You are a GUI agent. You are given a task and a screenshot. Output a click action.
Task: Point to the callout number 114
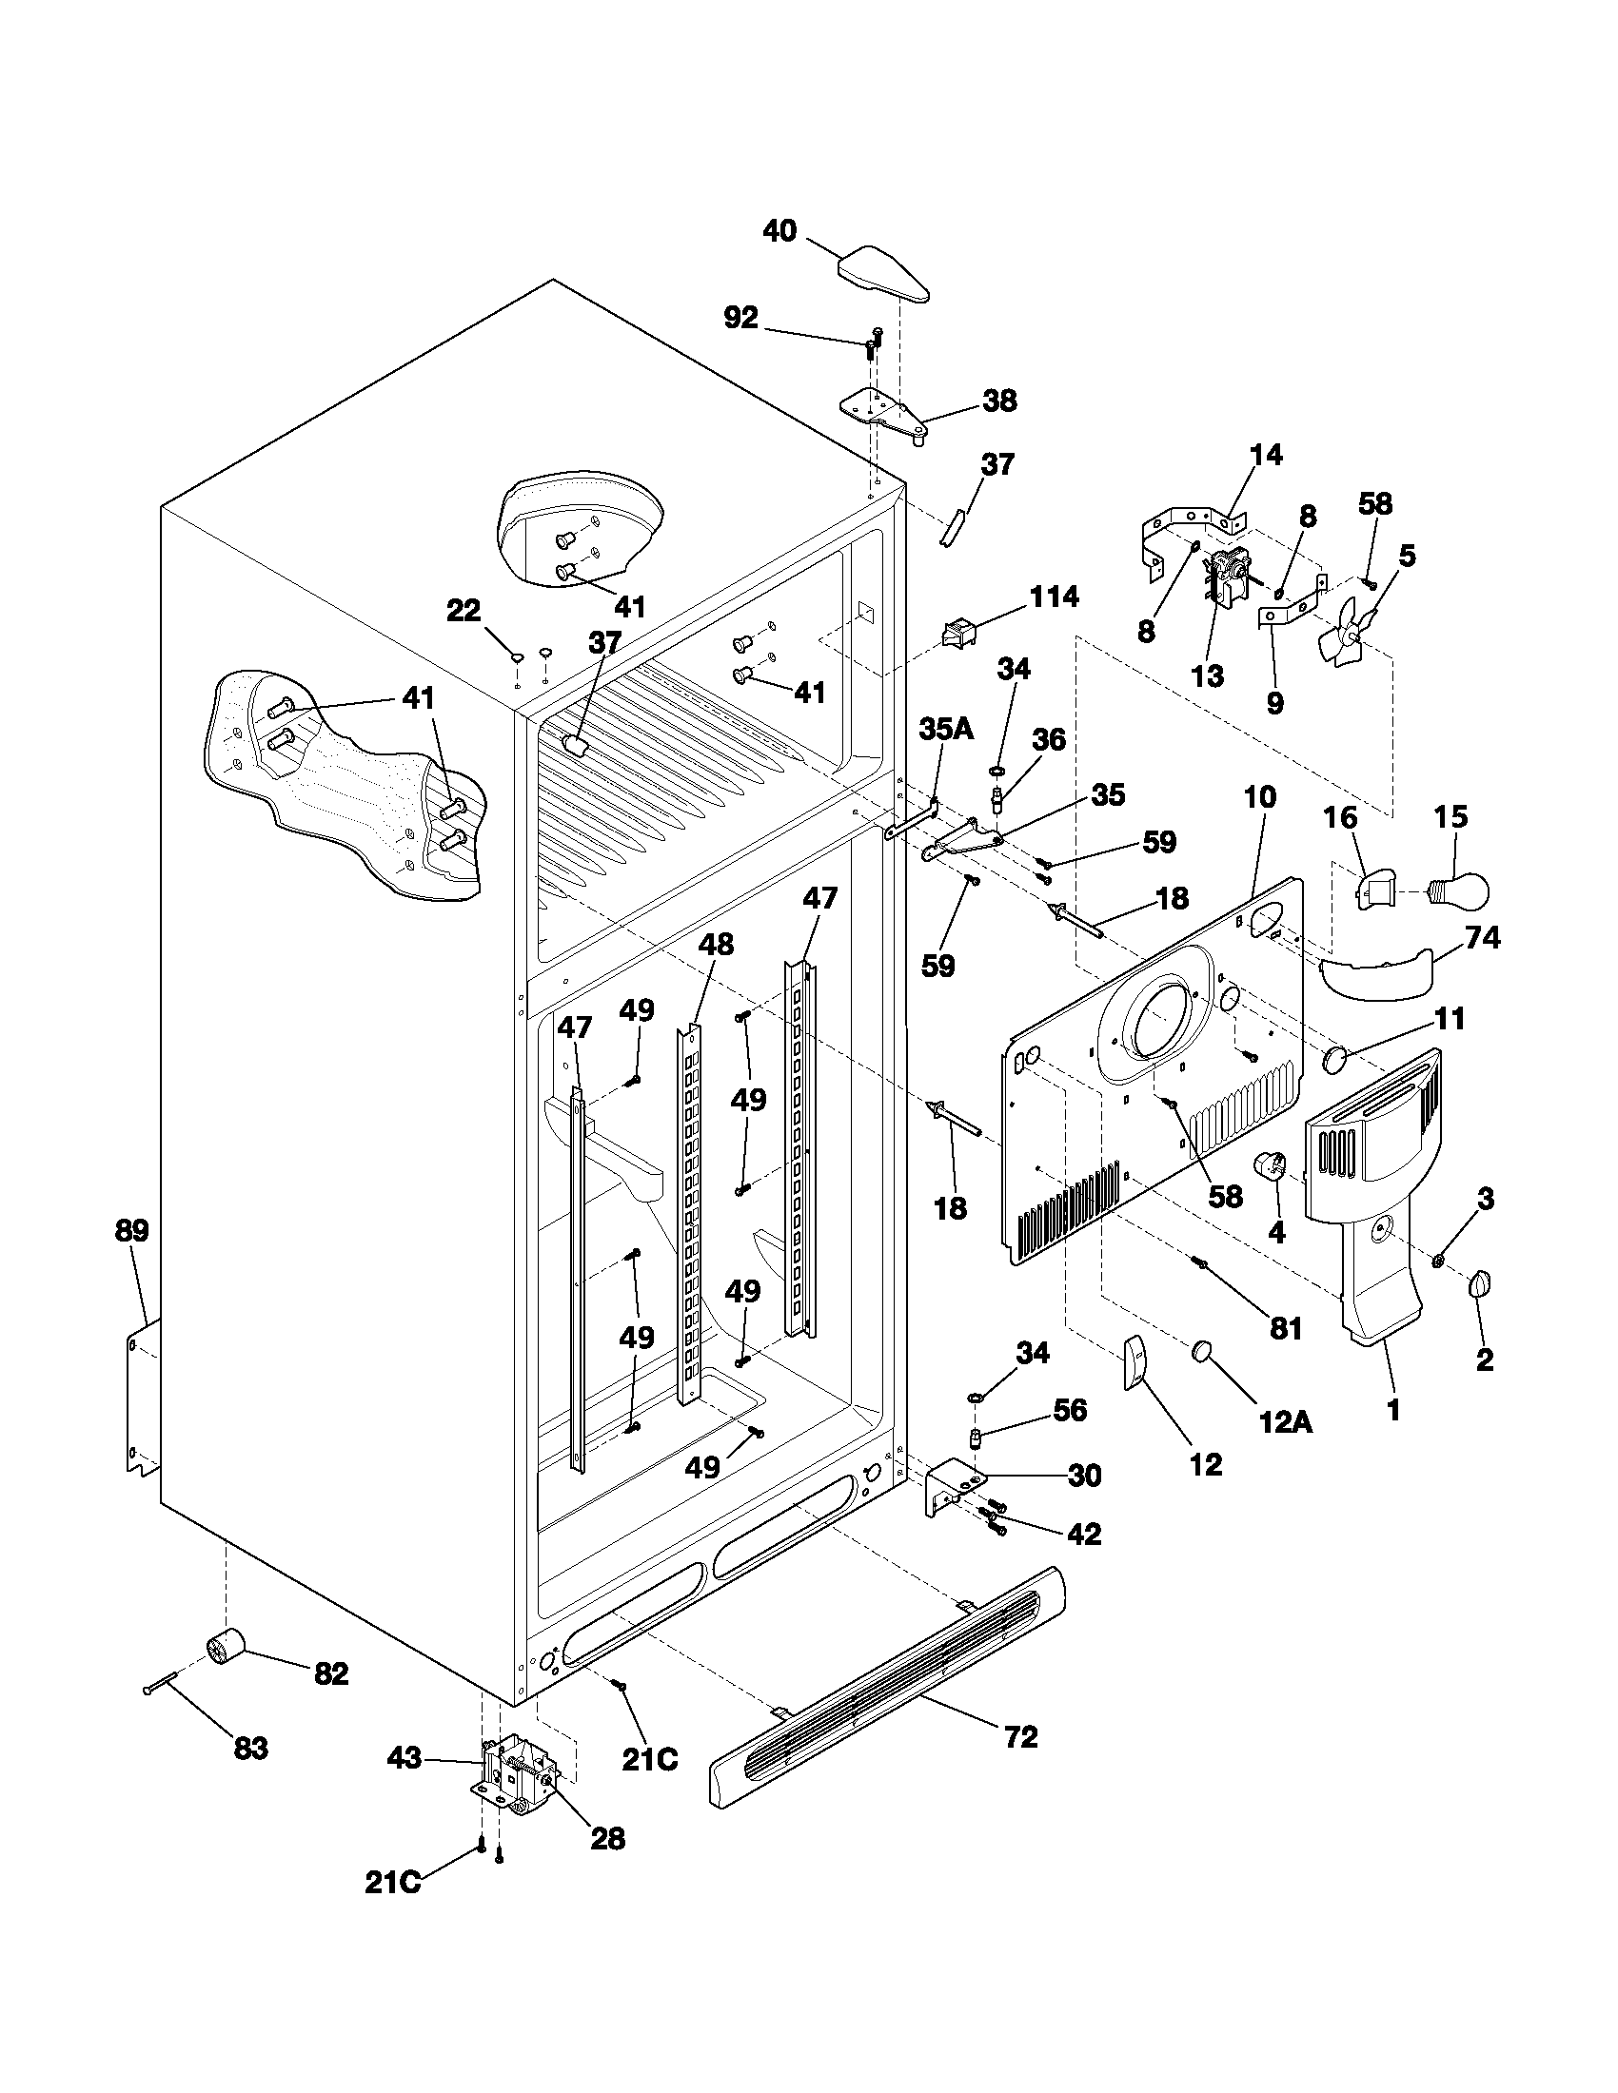click(x=1053, y=597)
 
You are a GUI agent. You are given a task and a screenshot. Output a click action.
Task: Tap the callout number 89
click(x=131, y=1230)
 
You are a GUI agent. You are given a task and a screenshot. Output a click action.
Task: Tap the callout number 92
click(x=740, y=317)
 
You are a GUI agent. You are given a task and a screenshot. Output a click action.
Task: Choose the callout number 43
click(x=404, y=1758)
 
